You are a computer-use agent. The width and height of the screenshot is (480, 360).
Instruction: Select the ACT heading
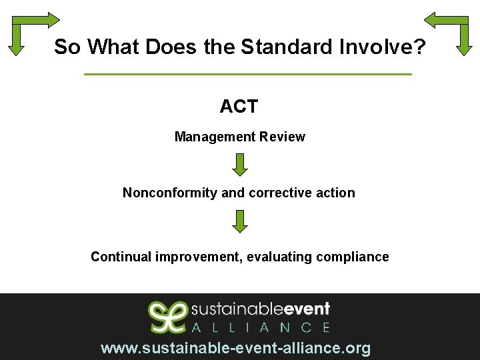pyautogui.click(x=239, y=106)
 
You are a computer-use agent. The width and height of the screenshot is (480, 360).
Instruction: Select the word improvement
pyautogui.click(x=199, y=257)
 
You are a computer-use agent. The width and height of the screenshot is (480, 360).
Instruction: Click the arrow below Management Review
pyautogui.click(x=240, y=165)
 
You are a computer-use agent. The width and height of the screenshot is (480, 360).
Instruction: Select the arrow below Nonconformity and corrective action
pyautogui.click(x=240, y=221)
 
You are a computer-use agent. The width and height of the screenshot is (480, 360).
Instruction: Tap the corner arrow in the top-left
pyautogui.click(x=27, y=30)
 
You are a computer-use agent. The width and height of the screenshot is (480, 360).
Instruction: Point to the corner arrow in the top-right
pyautogui.click(x=453, y=30)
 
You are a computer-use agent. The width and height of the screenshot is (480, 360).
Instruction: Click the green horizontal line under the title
pyautogui.click(x=248, y=74)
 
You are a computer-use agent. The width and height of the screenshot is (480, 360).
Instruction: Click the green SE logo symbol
pyautogui.click(x=167, y=317)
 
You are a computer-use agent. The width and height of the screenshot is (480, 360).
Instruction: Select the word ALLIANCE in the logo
pyautogui.click(x=261, y=327)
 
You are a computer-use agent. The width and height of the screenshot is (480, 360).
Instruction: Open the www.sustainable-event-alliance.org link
pyautogui.click(x=235, y=348)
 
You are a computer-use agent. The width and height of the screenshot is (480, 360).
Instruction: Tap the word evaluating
pyautogui.click(x=279, y=257)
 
